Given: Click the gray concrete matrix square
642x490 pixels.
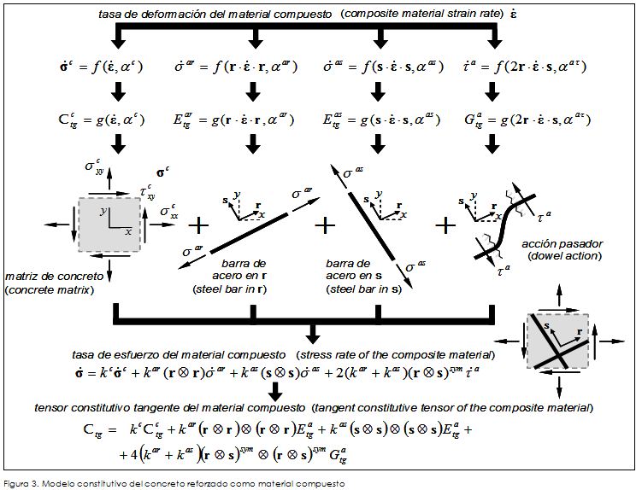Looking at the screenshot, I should click(x=104, y=225).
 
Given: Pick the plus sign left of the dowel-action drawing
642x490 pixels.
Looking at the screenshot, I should click(x=445, y=225).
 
